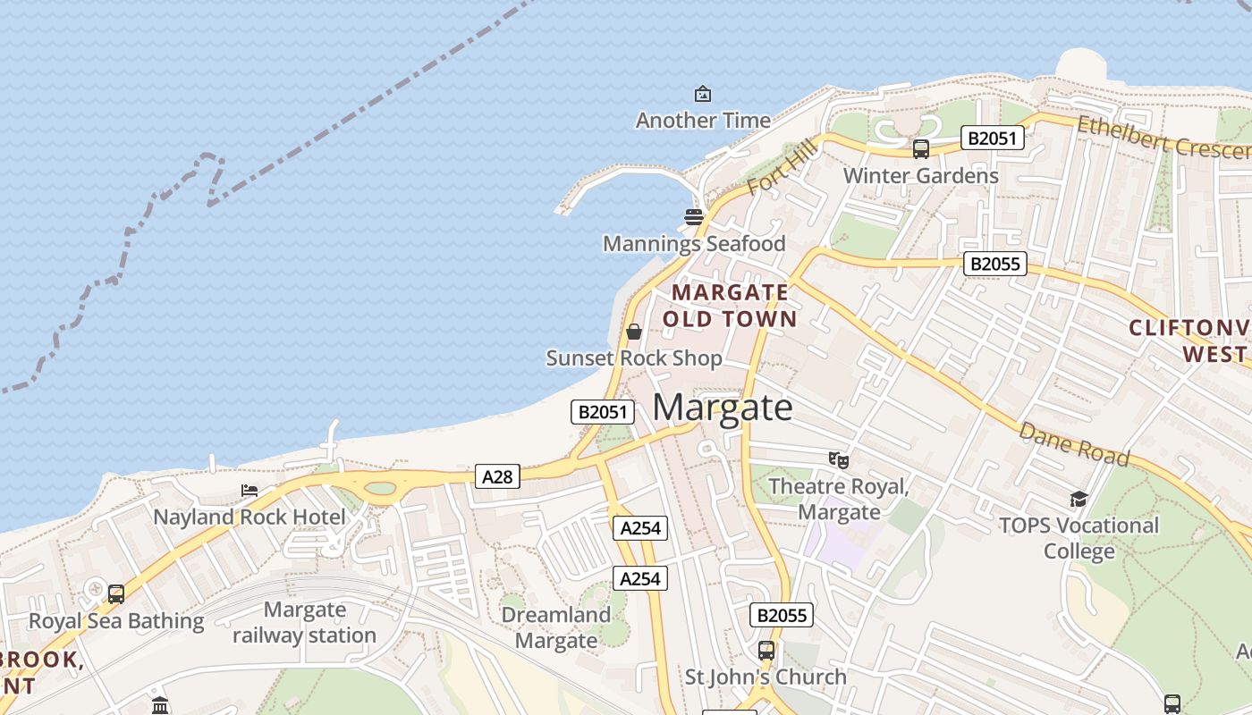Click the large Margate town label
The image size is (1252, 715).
723,408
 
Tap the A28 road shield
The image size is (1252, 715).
497,477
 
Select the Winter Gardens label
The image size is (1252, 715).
920,175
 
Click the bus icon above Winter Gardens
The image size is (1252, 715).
920,149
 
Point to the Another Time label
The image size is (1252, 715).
703,120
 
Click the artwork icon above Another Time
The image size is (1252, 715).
703,94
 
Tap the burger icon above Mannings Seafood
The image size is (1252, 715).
694,217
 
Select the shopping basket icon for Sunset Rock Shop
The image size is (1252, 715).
634,332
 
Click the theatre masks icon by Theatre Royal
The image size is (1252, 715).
838,460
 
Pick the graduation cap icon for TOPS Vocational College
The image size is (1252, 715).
1079,499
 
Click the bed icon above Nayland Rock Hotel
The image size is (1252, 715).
250,491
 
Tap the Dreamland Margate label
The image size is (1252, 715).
556,627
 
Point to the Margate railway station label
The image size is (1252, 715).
304,623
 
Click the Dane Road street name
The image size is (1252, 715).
1074,444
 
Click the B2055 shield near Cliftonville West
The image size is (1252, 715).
995,264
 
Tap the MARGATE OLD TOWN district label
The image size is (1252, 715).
730,306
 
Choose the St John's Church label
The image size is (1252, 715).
766,677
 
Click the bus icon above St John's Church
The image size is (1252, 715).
766,651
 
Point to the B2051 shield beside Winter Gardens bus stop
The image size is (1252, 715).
992,138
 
